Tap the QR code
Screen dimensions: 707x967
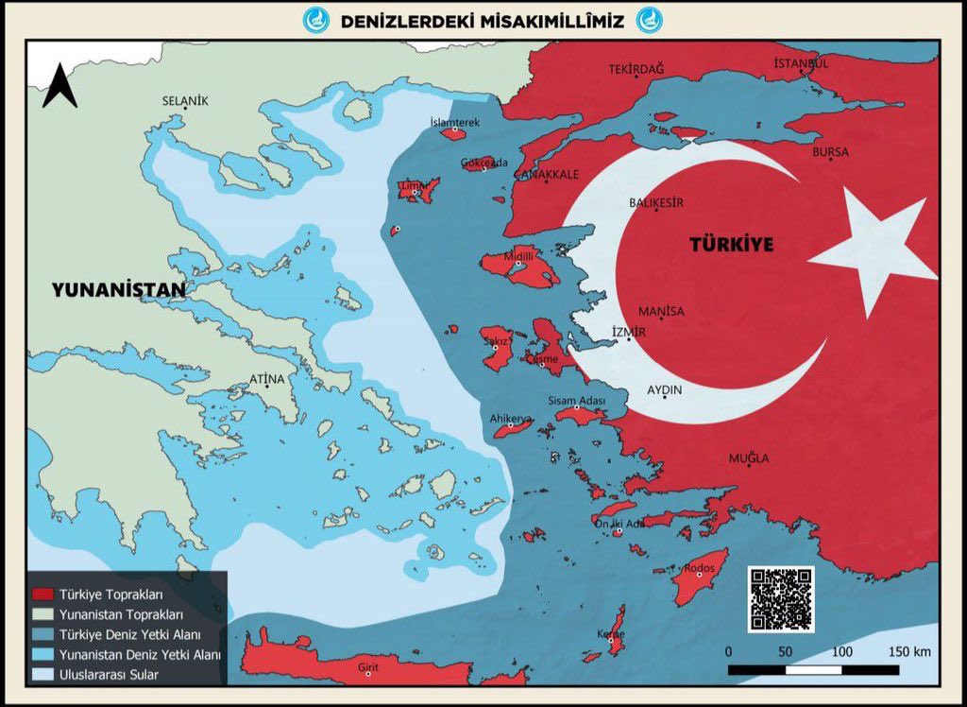click(x=780, y=599)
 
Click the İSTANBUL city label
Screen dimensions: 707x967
click(x=801, y=63)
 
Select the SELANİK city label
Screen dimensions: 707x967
click(x=185, y=100)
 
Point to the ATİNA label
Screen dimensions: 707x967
click(x=266, y=379)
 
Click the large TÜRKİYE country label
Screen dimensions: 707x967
click(x=731, y=245)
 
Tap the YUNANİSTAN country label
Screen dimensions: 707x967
click(x=119, y=290)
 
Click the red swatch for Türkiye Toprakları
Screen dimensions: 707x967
click(x=42, y=595)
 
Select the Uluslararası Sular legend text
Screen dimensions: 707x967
click(x=109, y=675)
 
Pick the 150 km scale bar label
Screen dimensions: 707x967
click(x=909, y=652)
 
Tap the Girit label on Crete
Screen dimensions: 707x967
click(x=368, y=667)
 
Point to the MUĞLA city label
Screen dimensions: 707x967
click(x=748, y=458)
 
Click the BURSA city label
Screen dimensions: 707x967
click(x=830, y=151)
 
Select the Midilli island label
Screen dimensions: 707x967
click(x=520, y=256)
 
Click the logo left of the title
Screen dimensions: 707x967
click(x=315, y=20)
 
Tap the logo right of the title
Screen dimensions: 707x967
click(x=649, y=20)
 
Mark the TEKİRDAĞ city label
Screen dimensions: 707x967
click(x=636, y=69)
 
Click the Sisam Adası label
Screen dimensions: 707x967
click(x=576, y=401)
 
